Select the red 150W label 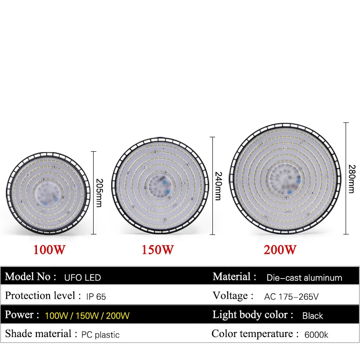pyautogui.click(x=157, y=250)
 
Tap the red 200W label pyautogui.click(x=280, y=250)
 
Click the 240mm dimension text pyautogui.click(x=218, y=186)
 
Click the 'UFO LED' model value pyautogui.click(x=82, y=278)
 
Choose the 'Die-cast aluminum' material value pyautogui.click(x=304, y=278)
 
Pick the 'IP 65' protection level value pyautogui.click(x=96, y=297)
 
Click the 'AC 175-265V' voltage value pyautogui.click(x=291, y=297)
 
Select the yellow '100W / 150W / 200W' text pyautogui.click(x=87, y=316)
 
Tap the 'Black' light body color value pyautogui.click(x=313, y=316)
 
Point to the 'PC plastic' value pyautogui.click(x=100, y=335)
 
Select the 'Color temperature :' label pyautogui.click(x=255, y=334)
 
